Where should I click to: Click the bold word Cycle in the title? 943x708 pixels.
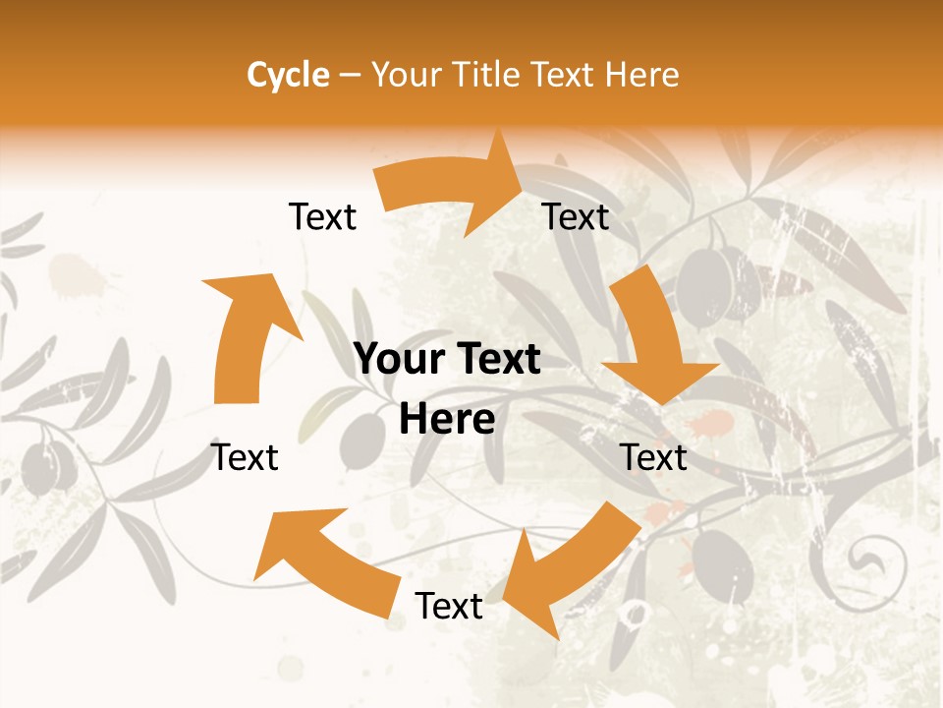pyautogui.click(x=288, y=74)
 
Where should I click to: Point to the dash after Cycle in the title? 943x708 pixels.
pyautogui.click(x=350, y=75)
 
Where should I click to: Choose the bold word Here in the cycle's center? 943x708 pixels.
pyautogui.click(x=447, y=420)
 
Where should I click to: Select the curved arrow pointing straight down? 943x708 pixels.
pyautogui.click(x=654, y=339)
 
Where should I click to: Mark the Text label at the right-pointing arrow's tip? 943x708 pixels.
pyautogui.click(x=576, y=216)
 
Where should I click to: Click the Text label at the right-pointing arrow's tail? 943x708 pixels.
pyautogui.click(x=322, y=216)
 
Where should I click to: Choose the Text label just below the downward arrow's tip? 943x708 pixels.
pyautogui.click(x=654, y=457)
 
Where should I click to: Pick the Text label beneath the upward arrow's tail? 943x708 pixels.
pyautogui.click(x=246, y=457)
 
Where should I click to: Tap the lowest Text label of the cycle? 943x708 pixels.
pyautogui.click(x=449, y=606)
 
